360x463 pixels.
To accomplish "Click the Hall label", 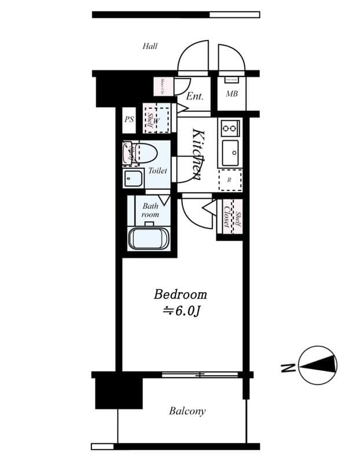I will click(150, 46).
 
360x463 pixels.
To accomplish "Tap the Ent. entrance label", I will click(195, 97).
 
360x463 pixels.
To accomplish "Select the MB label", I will click(232, 94).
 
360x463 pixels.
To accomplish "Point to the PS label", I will click(129, 120).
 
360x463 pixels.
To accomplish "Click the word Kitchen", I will click(197, 153).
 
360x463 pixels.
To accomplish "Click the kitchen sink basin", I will click(230, 153).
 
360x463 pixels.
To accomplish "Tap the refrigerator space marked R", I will click(230, 180).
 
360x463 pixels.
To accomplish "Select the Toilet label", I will click(157, 171).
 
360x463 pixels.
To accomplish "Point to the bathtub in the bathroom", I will click(148, 238).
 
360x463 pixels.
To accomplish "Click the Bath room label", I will click(150, 210).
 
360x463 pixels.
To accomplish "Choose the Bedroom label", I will click(180, 295).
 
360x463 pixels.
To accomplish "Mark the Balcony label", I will click(187, 411).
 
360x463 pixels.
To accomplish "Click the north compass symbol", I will click(318, 365).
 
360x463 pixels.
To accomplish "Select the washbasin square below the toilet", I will click(133, 178).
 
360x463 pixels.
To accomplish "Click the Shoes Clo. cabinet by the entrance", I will click(163, 86).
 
